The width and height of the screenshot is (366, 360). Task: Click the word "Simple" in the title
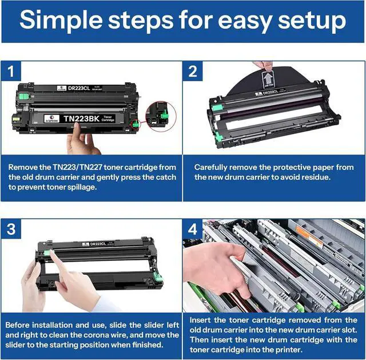tap(61, 21)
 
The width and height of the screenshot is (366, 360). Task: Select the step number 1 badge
tap(11, 71)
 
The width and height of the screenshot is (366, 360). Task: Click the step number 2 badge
tap(193, 71)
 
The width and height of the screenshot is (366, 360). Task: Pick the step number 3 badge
tap(11, 229)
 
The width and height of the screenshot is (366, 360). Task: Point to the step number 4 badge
tap(193, 229)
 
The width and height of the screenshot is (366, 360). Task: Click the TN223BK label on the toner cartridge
tap(80, 118)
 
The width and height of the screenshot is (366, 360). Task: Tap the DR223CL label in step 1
tap(79, 88)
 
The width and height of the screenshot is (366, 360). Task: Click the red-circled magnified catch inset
tap(161, 116)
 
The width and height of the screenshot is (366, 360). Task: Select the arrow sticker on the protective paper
tap(268, 80)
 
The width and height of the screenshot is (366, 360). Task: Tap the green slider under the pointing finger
tap(48, 253)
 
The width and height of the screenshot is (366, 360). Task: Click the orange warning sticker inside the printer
tap(309, 236)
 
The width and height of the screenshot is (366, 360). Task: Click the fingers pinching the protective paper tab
tap(263, 66)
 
